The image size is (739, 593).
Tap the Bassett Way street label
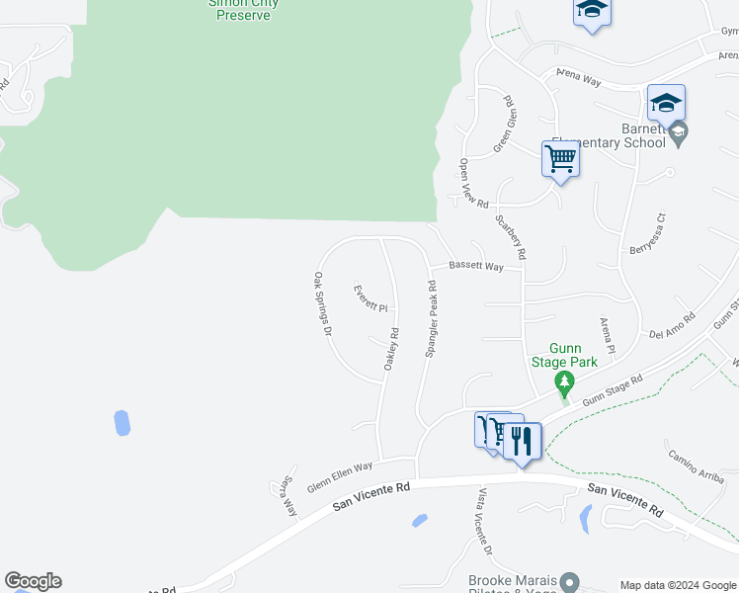(x=476, y=267)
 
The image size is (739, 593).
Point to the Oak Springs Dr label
(x=321, y=304)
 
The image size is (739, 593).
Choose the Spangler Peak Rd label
(x=432, y=318)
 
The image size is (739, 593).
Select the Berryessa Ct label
(x=650, y=233)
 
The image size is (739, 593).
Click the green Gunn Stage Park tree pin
(x=564, y=382)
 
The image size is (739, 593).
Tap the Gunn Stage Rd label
(x=613, y=389)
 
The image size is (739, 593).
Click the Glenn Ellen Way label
(x=340, y=477)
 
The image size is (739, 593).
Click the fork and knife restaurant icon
(x=524, y=440)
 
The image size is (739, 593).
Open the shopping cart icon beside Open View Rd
(x=560, y=158)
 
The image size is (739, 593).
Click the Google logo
(x=33, y=581)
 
